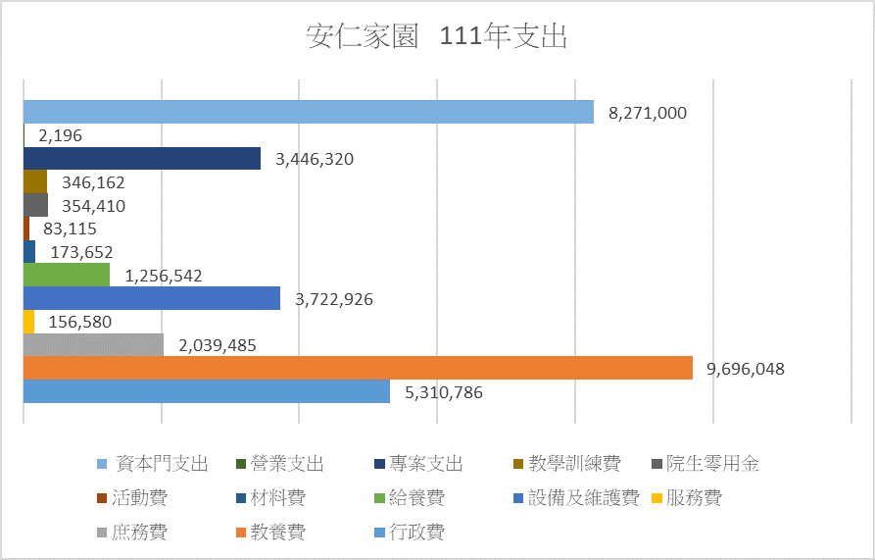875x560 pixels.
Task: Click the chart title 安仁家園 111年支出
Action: (x=437, y=38)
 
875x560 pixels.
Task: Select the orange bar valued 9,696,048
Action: (x=357, y=369)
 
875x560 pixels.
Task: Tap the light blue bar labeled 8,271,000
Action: (x=308, y=112)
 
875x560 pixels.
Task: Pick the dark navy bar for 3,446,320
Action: (x=141, y=159)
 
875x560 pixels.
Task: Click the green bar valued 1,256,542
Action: (x=66, y=276)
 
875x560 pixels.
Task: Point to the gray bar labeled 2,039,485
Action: (x=92, y=345)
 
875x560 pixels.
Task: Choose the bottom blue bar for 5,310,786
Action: (x=206, y=392)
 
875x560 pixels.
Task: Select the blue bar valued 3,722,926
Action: (x=151, y=299)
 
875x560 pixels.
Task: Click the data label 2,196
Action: (x=60, y=136)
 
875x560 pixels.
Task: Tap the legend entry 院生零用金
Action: (x=712, y=464)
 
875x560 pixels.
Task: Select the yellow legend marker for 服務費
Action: (x=656, y=498)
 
